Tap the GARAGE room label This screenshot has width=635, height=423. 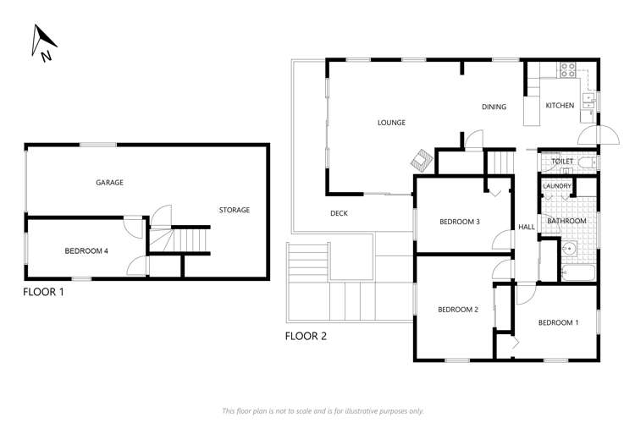click(x=109, y=182)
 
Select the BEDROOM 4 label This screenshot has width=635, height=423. click(x=86, y=250)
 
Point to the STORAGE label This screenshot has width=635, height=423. click(x=235, y=210)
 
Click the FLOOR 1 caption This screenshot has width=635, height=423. click(x=44, y=293)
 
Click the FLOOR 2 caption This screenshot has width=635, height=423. click(x=306, y=335)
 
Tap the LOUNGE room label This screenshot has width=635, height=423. click(x=391, y=123)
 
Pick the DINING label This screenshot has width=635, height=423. click(x=494, y=107)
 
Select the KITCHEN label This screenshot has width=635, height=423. click(x=560, y=106)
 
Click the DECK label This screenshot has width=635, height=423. click(x=340, y=213)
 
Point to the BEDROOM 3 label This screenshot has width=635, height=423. click(x=460, y=222)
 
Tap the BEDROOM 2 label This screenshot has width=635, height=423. click(x=458, y=310)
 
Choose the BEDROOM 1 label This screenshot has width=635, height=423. click(x=559, y=322)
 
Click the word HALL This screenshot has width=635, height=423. click(x=527, y=227)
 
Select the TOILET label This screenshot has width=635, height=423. click(x=562, y=161)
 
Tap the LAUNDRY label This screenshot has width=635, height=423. click(x=557, y=186)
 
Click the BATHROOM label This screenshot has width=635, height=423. click(x=566, y=222)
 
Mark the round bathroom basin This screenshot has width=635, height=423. click(x=570, y=249)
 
